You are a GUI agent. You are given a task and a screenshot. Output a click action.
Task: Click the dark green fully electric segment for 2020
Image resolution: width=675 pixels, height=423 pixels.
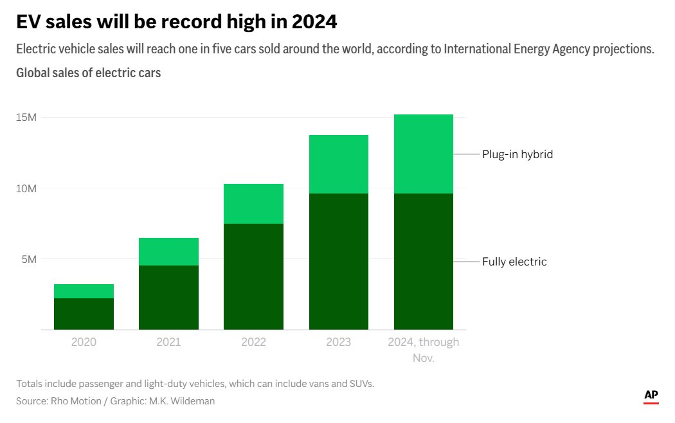(84, 314)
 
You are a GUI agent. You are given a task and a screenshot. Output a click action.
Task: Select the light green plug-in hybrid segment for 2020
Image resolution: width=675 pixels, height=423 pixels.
(84, 291)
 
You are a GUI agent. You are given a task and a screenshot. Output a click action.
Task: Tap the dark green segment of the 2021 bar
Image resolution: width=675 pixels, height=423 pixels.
(168, 297)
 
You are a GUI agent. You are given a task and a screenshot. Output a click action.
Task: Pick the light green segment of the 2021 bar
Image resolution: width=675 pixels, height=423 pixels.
(168, 251)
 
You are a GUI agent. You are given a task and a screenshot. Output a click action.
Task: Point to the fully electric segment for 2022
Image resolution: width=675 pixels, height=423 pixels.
(253, 276)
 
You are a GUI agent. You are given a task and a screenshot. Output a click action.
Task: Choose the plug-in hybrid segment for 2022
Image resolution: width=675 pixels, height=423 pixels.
(253, 204)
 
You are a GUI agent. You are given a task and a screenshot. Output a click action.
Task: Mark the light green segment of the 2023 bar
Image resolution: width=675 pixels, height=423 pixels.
(338, 164)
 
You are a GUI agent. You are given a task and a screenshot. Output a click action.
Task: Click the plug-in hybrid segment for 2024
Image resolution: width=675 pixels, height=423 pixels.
(423, 154)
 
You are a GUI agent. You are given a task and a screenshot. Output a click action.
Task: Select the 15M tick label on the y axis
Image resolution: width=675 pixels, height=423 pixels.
(26, 118)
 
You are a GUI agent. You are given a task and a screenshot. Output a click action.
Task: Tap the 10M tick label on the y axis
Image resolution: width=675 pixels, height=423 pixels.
(26, 188)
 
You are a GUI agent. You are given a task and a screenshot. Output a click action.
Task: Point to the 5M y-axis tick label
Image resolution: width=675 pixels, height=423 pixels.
(29, 259)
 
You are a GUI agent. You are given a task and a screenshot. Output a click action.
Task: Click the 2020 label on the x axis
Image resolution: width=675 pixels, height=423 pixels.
(84, 342)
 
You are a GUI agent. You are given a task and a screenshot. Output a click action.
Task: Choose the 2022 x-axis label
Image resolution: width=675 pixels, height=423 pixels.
(253, 342)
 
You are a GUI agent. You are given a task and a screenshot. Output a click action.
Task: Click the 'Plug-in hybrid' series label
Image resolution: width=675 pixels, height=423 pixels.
(517, 154)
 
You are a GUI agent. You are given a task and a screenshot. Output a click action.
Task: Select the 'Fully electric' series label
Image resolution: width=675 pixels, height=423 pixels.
(514, 262)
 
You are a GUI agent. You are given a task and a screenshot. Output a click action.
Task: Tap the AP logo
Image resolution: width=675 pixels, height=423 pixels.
(651, 396)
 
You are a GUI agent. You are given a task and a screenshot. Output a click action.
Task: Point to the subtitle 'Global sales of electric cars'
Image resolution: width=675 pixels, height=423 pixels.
(89, 73)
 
